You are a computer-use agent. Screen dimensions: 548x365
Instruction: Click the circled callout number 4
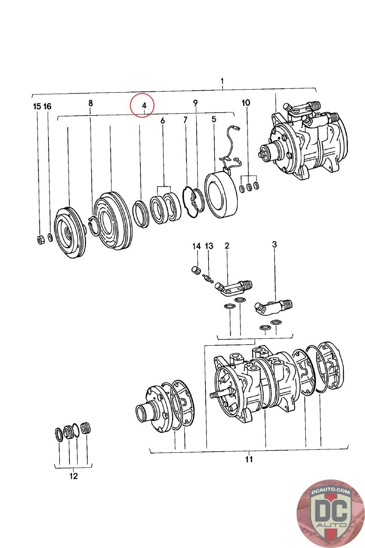(144, 105)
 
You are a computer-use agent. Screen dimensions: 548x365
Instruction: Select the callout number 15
(37, 106)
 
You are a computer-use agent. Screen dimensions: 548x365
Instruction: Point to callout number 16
(47, 106)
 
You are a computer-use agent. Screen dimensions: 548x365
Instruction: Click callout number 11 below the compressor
(249, 459)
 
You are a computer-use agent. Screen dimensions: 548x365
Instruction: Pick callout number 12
(74, 476)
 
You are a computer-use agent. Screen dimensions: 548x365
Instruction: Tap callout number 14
(196, 246)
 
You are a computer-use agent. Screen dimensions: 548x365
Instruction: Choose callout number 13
(209, 246)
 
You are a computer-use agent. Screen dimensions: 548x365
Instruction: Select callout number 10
(246, 102)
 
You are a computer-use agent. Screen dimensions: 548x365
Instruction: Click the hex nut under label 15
(40, 240)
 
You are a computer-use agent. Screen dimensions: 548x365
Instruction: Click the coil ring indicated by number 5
(219, 195)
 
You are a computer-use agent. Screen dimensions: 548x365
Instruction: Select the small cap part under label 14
(195, 270)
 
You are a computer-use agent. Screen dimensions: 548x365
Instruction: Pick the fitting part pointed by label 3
(274, 305)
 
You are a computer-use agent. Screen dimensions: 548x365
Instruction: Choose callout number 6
(162, 121)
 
